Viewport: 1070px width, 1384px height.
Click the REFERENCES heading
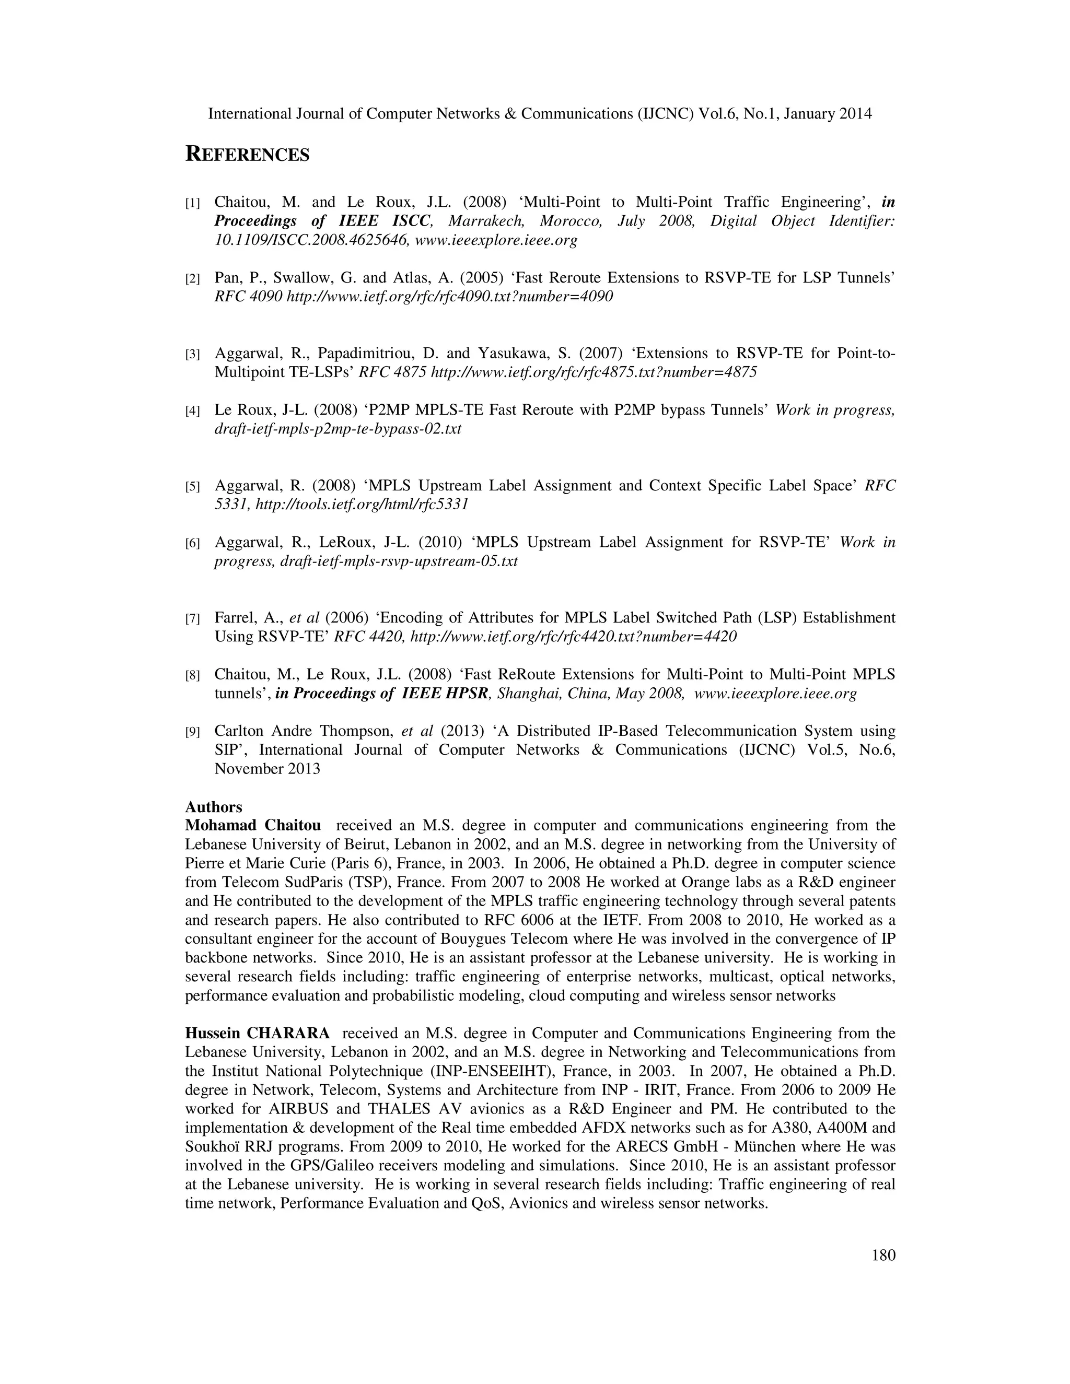coord(247,155)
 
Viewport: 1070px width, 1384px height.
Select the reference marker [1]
coord(193,203)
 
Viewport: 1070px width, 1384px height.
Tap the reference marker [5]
coord(193,487)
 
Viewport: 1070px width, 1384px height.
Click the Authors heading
coord(214,807)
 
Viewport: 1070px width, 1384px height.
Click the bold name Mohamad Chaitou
coord(252,826)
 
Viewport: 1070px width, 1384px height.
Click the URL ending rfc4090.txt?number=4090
coord(449,297)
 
